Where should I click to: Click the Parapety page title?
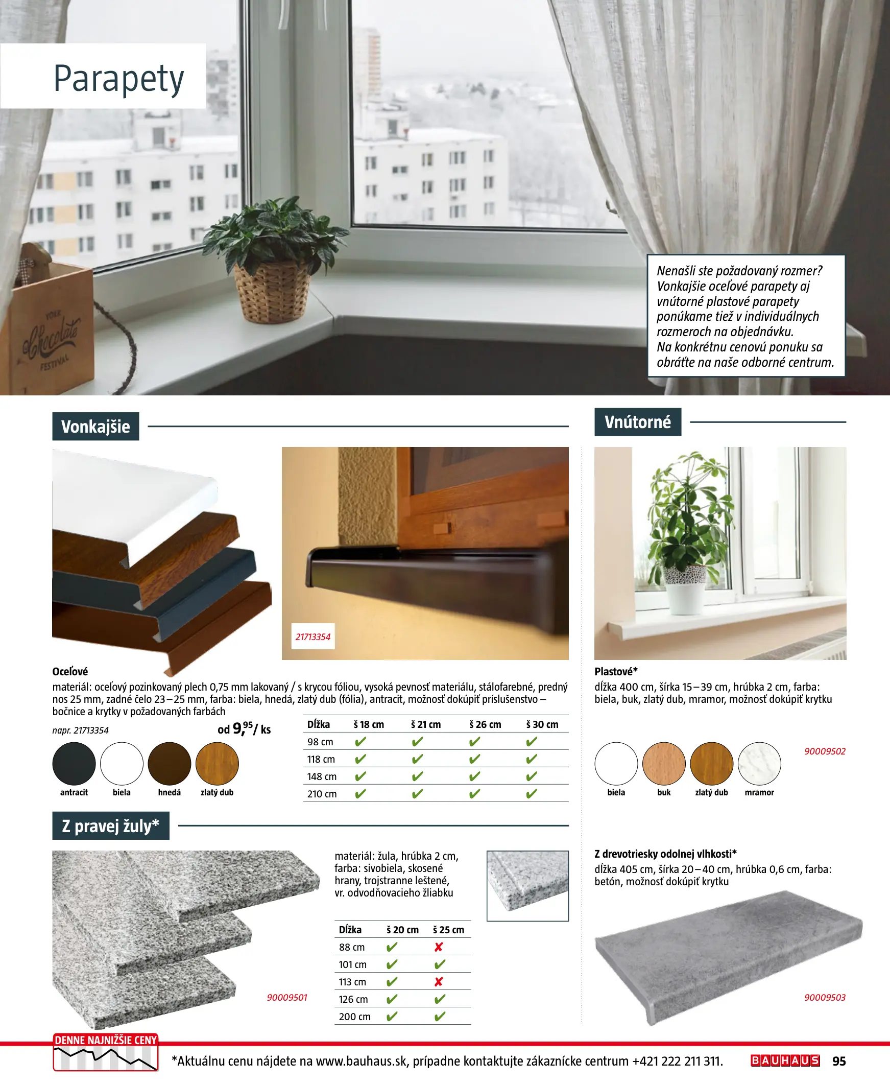[x=118, y=79]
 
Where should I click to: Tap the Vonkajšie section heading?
[x=95, y=427]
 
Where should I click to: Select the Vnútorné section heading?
[x=637, y=422]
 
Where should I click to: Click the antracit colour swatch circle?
[x=74, y=764]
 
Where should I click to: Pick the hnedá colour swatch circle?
[x=169, y=764]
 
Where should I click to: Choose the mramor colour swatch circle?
[x=759, y=764]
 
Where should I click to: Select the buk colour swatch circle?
[x=663, y=764]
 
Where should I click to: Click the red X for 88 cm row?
[x=438, y=947]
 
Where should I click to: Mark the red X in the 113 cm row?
[x=438, y=982]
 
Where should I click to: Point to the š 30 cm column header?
[x=542, y=724]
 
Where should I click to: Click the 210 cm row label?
[x=322, y=794]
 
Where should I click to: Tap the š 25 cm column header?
[x=448, y=930]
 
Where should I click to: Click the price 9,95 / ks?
[x=244, y=728]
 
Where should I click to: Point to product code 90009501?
[x=286, y=997]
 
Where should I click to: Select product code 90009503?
[x=824, y=997]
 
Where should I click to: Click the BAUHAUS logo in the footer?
[x=785, y=1060]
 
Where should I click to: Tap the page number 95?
[x=839, y=1061]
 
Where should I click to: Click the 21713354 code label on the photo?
[x=312, y=637]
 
